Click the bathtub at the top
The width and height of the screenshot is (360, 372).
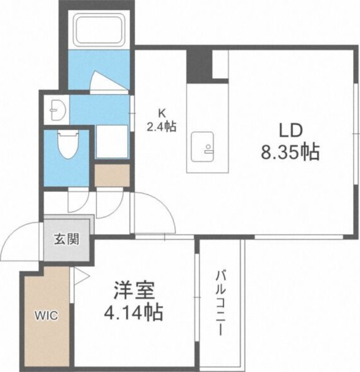[99, 30]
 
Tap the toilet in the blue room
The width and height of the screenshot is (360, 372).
[68, 145]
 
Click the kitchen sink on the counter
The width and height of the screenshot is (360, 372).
[203, 146]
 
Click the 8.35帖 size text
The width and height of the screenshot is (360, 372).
[290, 152]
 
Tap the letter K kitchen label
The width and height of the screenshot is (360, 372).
[162, 113]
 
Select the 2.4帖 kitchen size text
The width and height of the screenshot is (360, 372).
[162, 126]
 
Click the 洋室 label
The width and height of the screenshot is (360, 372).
[134, 290]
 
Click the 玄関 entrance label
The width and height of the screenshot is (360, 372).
[66, 239]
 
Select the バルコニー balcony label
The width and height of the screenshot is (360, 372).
[220, 303]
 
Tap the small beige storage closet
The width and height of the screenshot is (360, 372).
[112, 176]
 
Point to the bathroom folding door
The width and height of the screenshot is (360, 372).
[110, 81]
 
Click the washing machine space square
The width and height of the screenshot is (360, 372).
[112, 142]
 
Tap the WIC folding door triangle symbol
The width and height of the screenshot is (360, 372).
[80, 276]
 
